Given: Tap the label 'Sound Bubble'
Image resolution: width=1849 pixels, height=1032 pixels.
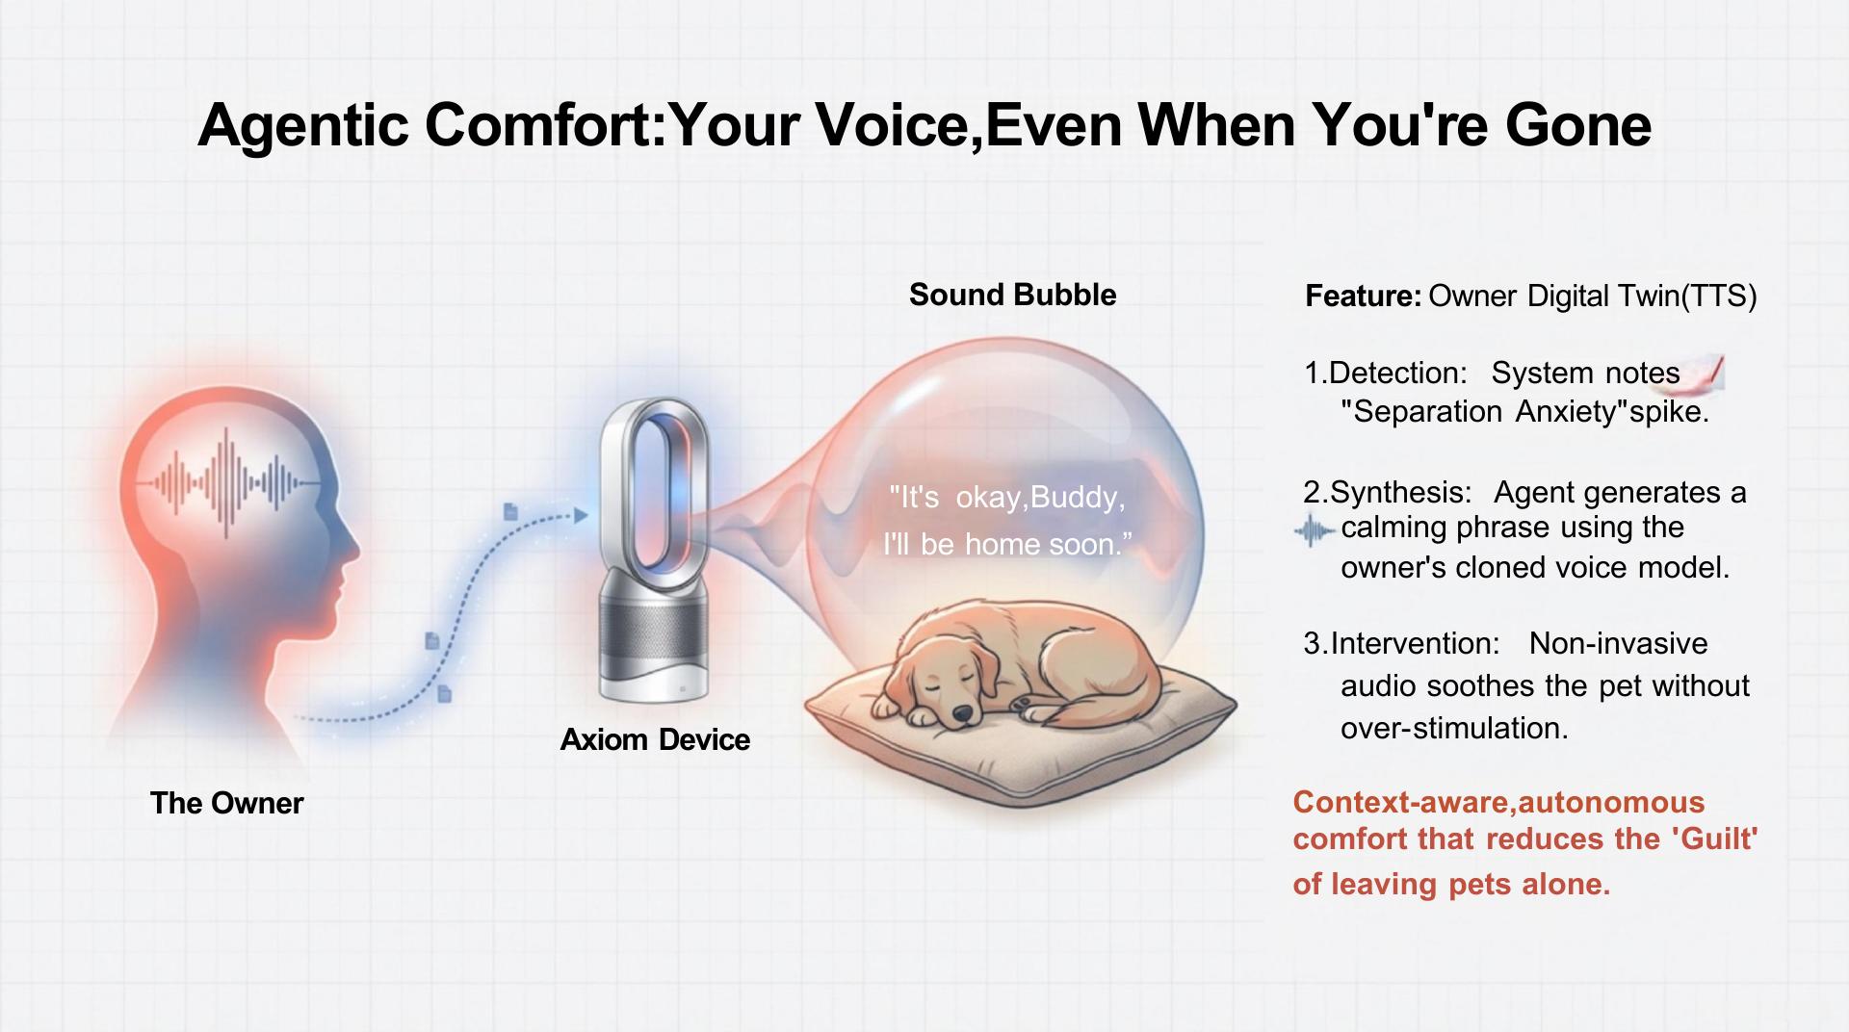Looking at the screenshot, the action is (1012, 295).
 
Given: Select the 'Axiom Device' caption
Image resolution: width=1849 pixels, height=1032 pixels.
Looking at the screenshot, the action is (655, 739).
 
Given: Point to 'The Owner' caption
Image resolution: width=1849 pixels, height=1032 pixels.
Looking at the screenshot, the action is (226, 803).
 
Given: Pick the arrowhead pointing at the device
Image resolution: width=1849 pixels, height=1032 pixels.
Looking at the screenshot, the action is (581, 516).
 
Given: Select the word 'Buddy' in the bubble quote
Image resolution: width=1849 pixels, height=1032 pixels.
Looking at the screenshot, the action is (1074, 498).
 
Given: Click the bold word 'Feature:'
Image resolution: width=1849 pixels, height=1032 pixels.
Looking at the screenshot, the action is (1363, 296).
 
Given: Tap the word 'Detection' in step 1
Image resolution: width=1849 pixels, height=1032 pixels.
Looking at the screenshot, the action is (1393, 373).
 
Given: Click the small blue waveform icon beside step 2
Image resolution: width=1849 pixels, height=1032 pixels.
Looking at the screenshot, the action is (1315, 530).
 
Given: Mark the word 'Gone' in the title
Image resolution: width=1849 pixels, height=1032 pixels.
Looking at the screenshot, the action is (1578, 125).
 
